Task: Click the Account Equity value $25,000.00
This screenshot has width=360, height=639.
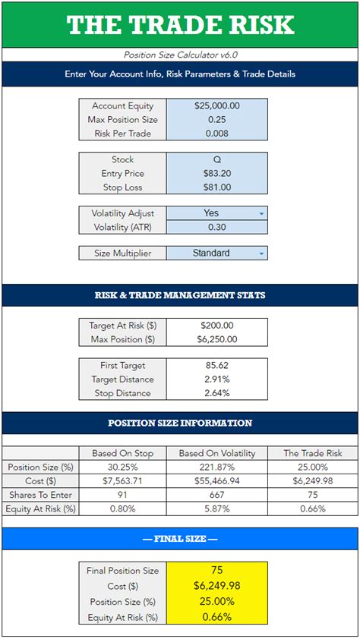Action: [x=216, y=106]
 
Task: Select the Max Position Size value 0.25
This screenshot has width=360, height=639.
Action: [x=216, y=120]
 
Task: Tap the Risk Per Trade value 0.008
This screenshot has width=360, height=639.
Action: [x=216, y=134]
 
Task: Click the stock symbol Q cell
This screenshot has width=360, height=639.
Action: [x=216, y=160]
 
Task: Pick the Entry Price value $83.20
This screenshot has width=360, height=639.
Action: [x=216, y=174]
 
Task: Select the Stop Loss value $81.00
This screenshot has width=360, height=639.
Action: [x=216, y=187]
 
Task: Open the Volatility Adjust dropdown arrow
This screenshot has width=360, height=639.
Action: [x=262, y=214]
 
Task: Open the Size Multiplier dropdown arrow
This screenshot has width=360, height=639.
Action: [x=262, y=253]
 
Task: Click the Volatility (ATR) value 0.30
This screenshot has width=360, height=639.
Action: [x=216, y=228]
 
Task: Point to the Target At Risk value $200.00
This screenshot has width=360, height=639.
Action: [x=216, y=326]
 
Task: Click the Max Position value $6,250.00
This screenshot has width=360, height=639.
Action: [x=216, y=339]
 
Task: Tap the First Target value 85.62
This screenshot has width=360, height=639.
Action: [x=216, y=366]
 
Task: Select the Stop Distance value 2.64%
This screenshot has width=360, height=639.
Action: [x=216, y=393]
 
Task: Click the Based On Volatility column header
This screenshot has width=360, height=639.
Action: [x=217, y=453]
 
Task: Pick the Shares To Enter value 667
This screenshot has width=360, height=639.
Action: [x=217, y=494]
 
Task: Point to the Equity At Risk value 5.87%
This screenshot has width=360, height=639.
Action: [x=217, y=508]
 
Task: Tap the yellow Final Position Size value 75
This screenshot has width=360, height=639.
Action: [x=216, y=569]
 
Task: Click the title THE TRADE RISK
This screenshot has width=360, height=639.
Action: [x=180, y=25]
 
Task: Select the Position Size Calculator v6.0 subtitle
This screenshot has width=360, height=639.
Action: [x=180, y=55]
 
